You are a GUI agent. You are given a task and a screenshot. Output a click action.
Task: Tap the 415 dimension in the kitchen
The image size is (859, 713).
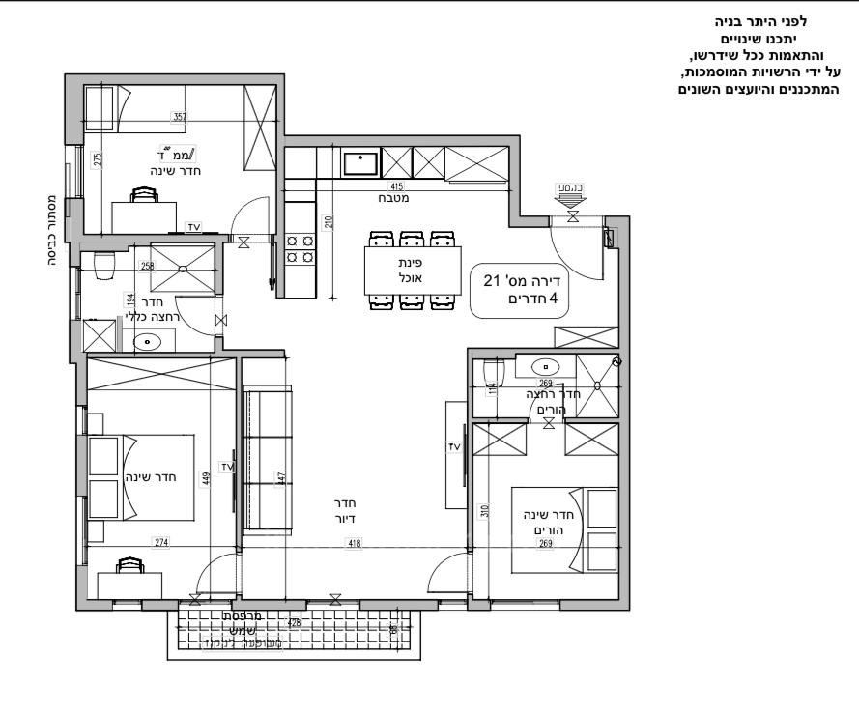[396, 185]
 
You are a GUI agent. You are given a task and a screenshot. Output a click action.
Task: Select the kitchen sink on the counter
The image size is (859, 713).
[363, 161]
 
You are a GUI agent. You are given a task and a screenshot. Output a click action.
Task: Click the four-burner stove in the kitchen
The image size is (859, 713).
[300, 249]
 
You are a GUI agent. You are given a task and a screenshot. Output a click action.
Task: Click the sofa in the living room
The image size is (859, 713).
[266, 458]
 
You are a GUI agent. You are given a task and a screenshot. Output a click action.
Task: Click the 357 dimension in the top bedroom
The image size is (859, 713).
[179, 117]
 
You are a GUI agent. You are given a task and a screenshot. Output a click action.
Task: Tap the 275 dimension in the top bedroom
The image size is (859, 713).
[97, 160]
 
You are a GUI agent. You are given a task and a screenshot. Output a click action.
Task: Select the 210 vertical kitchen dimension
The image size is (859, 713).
[329, 223]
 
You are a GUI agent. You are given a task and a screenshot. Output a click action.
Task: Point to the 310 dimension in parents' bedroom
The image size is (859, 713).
[485, 510]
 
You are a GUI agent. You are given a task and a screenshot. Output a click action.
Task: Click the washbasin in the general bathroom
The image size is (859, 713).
[147, 340]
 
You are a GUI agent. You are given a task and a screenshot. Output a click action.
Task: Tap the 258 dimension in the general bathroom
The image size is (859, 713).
[147, 266]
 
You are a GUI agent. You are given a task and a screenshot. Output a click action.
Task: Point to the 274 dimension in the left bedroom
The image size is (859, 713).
[160, 543]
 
